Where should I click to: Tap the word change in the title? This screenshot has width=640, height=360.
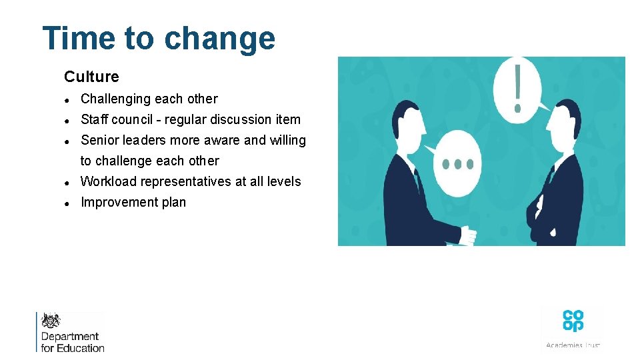click(x=219, y=39)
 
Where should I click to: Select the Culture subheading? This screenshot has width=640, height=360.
click(x=91, y=77)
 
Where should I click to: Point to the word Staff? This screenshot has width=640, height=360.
click(x=94, y=120)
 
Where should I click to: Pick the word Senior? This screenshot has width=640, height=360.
click(x=99, y=141)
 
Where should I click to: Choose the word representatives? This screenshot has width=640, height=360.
click(x=182, y=182)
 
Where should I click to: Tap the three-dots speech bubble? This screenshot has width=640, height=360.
click(x=457, y=163)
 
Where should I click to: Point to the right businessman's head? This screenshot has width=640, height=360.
click(x=567, y=124)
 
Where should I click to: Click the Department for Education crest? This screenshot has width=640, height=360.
click(x=51, y=320)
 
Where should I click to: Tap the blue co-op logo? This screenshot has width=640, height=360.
click(x=573, y=320)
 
